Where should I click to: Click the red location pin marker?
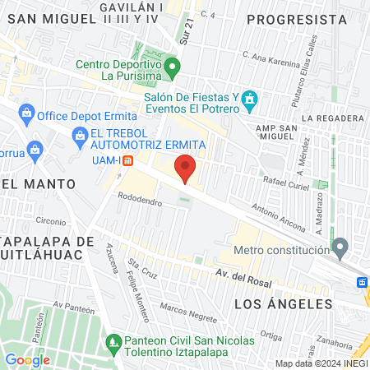click(x=186, y=169)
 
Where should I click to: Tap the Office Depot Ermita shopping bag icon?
click(x=27, y=112)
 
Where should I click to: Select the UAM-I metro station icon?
click(x=127, y=161)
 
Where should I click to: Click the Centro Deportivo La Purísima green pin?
click(x=172, y=66)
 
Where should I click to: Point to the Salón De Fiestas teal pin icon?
click(x=250, y=101)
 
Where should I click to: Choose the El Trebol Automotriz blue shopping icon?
click(x=80, y=134)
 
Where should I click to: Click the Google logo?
click(x=27, y=359)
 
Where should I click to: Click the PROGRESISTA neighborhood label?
click(x=296, y=18)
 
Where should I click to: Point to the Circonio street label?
click(x=50, y=220)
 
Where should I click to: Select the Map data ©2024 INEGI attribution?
click(x=321, y=363)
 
